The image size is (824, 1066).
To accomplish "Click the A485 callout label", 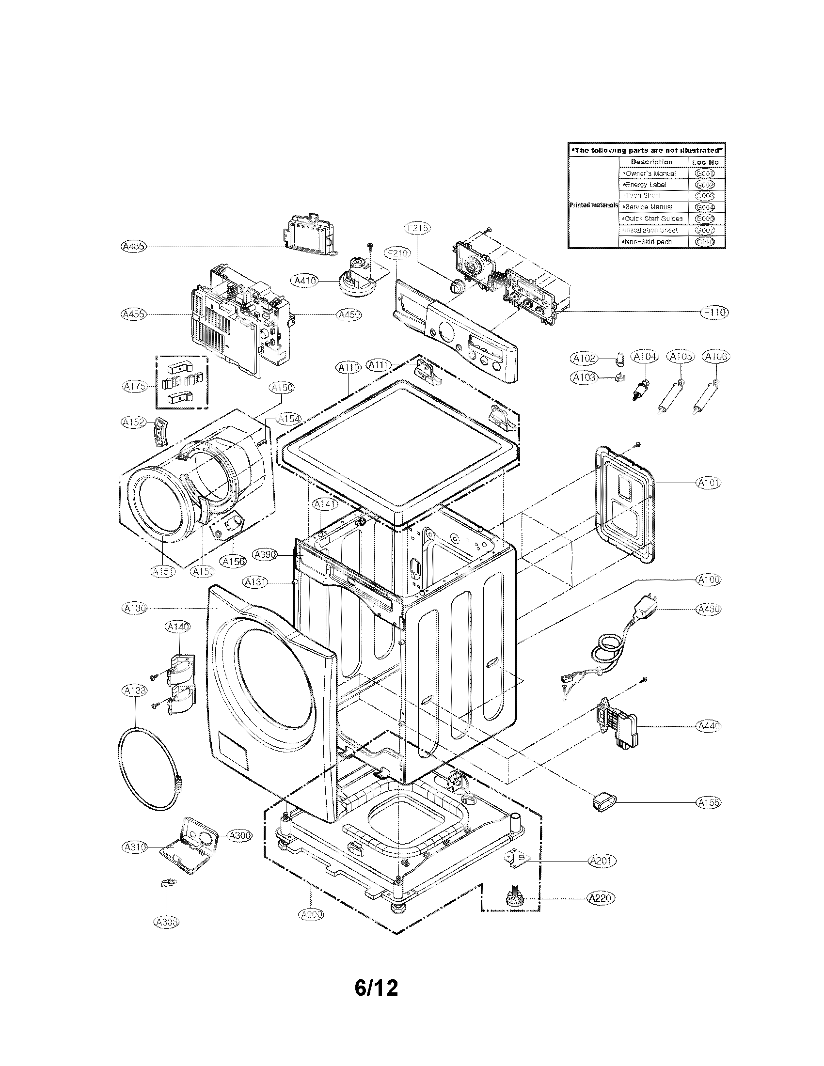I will (x=133, y=247).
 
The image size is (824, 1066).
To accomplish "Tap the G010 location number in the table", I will (x=705, y=242).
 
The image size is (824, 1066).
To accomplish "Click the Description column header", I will (x=651, y=162).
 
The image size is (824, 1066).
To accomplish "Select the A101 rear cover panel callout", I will (x=708, y=483).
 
